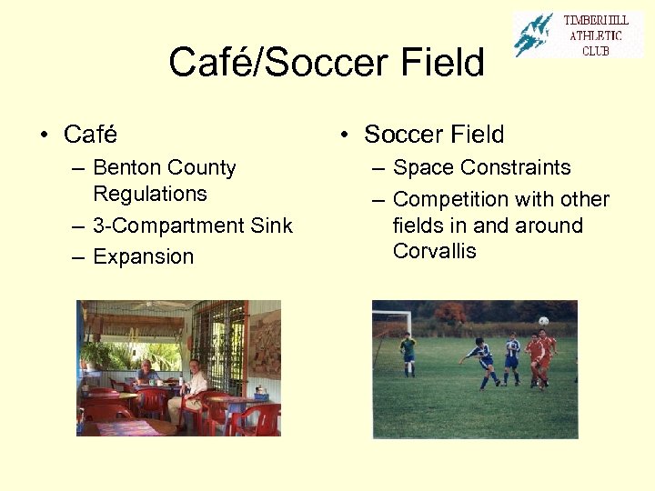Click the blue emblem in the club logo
pos(533,35)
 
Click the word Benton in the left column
pos(125,168)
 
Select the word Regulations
pos(149,194)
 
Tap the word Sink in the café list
pos(271,225)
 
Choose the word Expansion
pos(143,256)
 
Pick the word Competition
pos(450,199)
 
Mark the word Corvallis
pos(434,251)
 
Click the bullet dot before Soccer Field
pos(345,135)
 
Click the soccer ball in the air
pos(543,321)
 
